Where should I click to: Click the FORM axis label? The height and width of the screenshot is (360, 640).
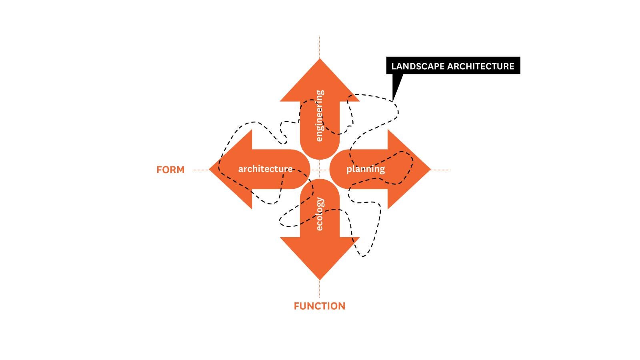(x=170, y=170)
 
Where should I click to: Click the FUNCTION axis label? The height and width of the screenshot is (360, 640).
(x=319, y=306)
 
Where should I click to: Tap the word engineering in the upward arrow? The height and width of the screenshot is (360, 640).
(x=319, y=116)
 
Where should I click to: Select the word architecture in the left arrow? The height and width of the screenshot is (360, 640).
(x=265, y=169)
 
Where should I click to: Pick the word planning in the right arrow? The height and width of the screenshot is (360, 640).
(x=366, y=169)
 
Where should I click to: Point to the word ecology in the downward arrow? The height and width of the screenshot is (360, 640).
(x=319, y=214)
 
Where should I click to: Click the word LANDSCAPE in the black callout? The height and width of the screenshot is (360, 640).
(x=417, y=66)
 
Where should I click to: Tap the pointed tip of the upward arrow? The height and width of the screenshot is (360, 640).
(x=320, y=60)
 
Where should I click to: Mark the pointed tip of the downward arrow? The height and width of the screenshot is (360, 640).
(x=320, y=278)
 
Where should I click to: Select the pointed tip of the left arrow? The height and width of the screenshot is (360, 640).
(x=211, y=170)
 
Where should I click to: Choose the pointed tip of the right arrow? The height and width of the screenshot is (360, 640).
(x=429, y=170)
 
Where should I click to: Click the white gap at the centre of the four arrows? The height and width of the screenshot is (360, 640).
(x=320, y=170)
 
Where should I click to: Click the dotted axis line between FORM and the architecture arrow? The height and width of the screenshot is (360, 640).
(x=200, y=170)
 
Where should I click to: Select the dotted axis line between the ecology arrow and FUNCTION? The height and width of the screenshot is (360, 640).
(x=319, y=289)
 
